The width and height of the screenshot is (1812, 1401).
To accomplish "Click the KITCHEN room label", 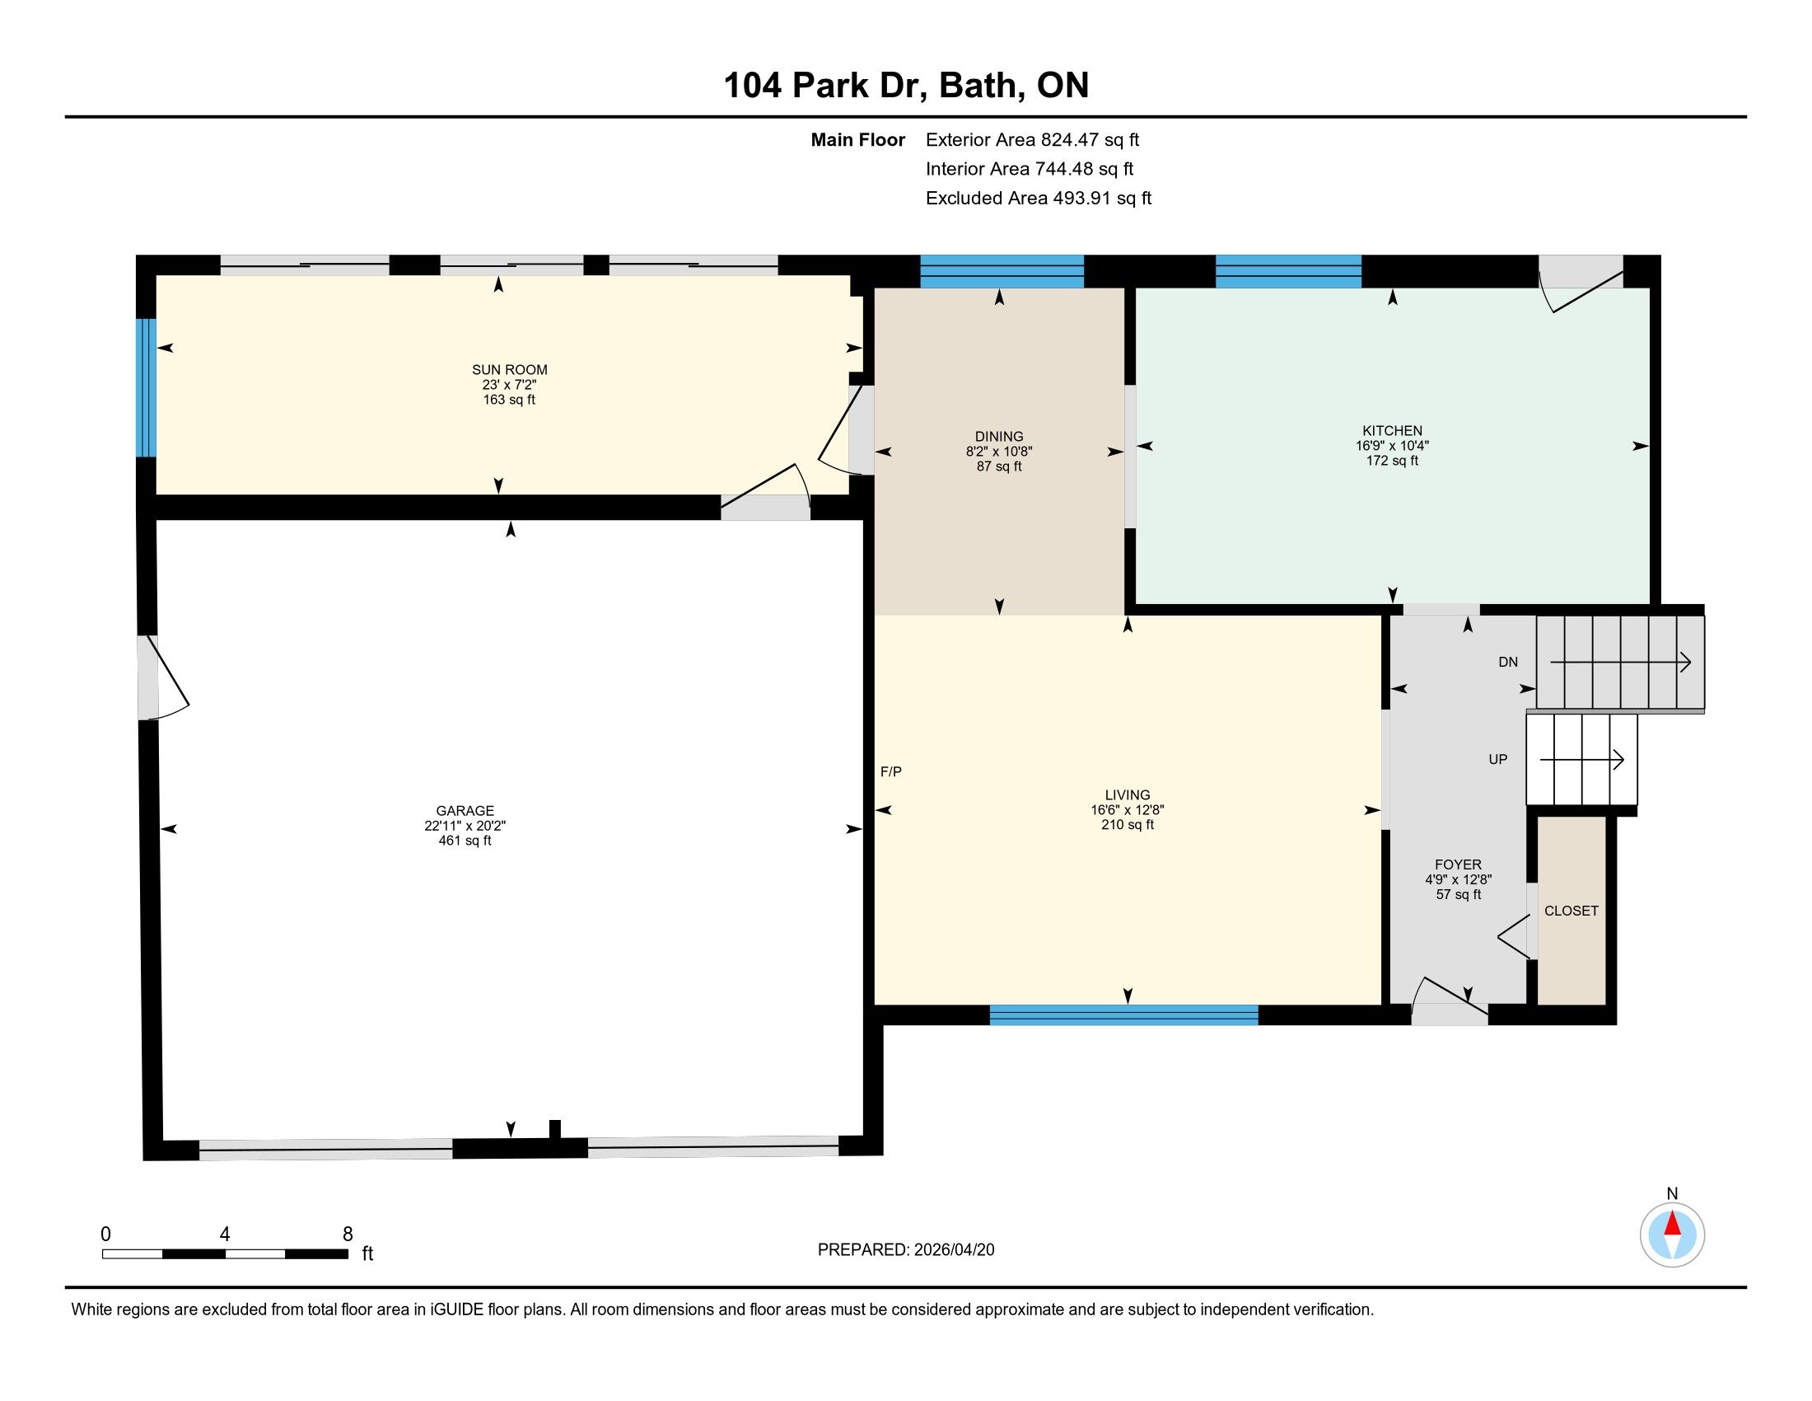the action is click(1392, 431).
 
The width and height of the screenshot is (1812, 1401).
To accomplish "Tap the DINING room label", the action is click(999, 437).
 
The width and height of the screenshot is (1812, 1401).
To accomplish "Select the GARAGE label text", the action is click(465, 811).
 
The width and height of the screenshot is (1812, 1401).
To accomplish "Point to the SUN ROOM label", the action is click(509, 370).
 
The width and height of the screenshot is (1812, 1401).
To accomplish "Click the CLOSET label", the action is click(1571, 911).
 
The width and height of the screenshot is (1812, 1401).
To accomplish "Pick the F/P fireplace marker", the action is click(891, 772).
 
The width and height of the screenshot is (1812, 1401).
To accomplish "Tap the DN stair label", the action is click(1508, 662).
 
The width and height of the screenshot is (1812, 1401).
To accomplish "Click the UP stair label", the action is click(1497, 760).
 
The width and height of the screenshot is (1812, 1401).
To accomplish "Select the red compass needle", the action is click(1672, 1224).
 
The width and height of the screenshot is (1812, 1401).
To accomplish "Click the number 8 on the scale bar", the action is click(348, 1235).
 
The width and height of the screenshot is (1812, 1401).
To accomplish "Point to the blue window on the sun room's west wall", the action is click(146, 387).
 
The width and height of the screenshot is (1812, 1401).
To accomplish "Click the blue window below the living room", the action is click(1124, 1015).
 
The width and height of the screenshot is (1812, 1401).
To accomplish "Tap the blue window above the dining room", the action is click(1002, 271).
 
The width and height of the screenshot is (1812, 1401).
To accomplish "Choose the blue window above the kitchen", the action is click(1288, 271).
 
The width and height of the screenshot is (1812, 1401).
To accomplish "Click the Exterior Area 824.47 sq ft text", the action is click(1032, 140).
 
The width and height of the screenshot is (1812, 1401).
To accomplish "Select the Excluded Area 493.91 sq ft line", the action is click(1039, 199).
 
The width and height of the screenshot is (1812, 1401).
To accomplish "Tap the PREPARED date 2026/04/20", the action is click(952, 1250).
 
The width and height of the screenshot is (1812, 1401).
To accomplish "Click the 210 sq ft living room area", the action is click(1128, 825).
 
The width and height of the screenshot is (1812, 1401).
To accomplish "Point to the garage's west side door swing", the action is click(164, 678).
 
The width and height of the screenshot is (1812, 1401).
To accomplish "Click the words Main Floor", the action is click(858, 140).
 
